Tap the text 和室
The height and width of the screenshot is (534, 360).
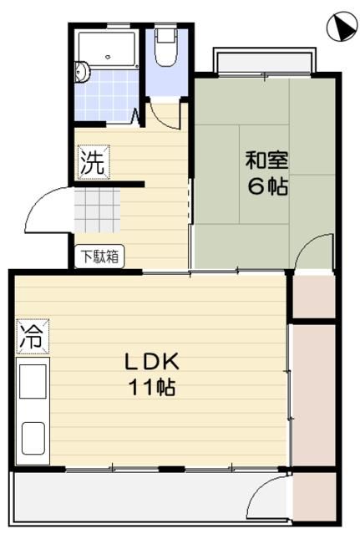click(265, 158)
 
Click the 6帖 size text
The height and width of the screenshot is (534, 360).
click(267, 186)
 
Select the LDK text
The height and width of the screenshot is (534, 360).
click(152, 362)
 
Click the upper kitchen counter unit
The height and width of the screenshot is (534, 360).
click(33, 384)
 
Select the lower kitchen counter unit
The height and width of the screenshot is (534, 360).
click(33, 437)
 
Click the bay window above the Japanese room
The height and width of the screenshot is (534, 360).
click(264, 61)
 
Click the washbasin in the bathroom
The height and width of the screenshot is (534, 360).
click(81, 74)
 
